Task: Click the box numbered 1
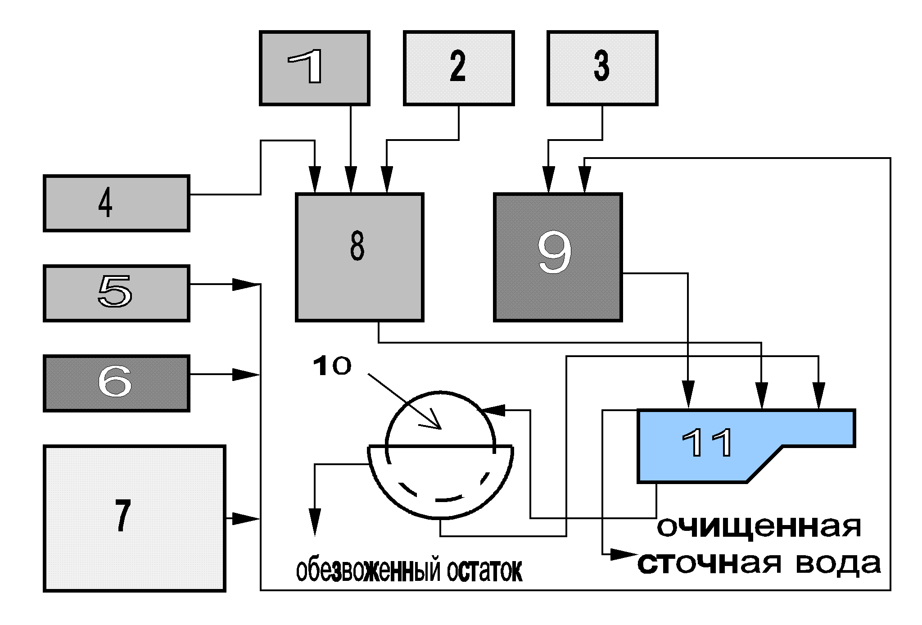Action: coord(315,68)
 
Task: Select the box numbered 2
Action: coord(459,68)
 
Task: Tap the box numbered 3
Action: coord(602,68)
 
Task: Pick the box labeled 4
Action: coord(116,203)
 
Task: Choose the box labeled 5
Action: coord(116,293)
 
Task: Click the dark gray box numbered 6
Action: coord(116,383)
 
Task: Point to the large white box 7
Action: coord(134,518)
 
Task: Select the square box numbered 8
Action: coord(359,257)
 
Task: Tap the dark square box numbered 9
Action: coord(558,257)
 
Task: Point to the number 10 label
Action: coord(331,366)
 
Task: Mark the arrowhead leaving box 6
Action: coord(245,374)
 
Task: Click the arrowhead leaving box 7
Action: coord(245,519)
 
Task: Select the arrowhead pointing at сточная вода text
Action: coord(624,554)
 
